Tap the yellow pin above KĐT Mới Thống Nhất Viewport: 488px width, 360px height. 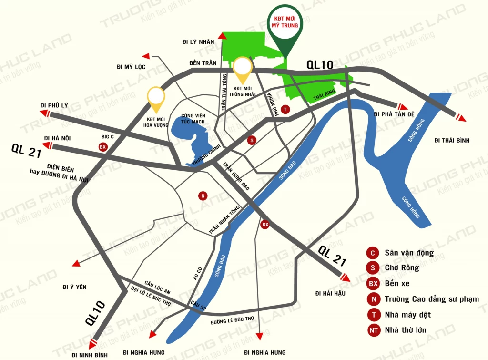(x=243, y=68)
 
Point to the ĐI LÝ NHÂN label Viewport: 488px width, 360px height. (x=198, y=41)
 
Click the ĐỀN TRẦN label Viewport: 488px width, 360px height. (x=203, y=63)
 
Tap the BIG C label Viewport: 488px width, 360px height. (x=107, y=137)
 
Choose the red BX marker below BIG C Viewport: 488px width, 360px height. (x=102, y=147)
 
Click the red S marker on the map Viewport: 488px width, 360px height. (x=252, y=140)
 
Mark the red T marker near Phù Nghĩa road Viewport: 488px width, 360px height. (x=285, y=109)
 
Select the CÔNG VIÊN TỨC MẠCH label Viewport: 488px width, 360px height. (x=193, y=119)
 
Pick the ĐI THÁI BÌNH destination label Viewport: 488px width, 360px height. (x=452, y=140)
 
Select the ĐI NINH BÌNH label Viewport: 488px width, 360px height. (x=90, y=355)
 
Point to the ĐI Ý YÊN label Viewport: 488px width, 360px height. (x=74, y=287)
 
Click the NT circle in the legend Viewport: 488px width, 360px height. (x=373, y=330)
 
